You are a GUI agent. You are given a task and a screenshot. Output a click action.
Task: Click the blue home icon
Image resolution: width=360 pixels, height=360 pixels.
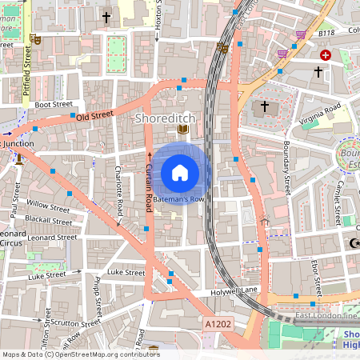click(180, 172)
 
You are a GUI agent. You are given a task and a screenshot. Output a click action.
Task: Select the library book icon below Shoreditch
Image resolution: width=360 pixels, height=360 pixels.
click(182, 130)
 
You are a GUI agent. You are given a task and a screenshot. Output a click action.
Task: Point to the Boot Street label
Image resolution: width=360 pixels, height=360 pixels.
click(53, 103)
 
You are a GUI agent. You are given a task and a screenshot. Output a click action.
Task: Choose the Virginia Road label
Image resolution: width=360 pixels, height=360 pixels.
click(319, 110)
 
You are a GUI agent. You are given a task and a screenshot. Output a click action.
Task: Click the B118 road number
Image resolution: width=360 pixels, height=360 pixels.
click(325, 34)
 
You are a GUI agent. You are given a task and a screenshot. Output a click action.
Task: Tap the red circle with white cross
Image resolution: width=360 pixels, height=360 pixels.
click(325, 55)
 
